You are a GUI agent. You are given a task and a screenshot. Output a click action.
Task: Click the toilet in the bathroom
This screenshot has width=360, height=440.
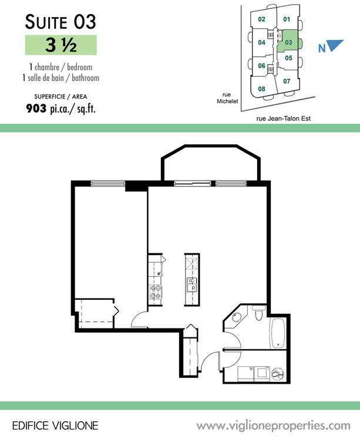pyautogui.click(x=258, y=313)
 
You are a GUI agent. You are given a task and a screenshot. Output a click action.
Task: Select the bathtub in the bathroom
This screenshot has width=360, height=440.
pyautogui.click(x=278, y=333)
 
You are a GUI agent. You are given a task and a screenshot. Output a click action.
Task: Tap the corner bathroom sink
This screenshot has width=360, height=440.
pyautogui.click(x=237, y=317)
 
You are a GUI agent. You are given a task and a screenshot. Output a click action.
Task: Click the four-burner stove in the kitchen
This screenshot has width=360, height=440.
pyautogui.click(x=155, y=292)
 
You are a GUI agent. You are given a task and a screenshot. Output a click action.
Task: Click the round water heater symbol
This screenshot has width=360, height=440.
pyautogui.click(x=278, y=374)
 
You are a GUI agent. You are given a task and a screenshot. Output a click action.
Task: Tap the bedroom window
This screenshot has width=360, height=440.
pyautogui.click(x=108, y=184)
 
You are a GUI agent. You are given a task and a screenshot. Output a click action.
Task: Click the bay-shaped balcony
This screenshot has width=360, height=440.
pyautogui.click(x=211, y=163)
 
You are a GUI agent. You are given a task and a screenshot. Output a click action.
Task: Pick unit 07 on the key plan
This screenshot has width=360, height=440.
pyautogui.click(x=287, y=82)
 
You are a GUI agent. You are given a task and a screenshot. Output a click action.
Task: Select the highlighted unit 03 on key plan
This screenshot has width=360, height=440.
pyautogui.click(x=289, y=42)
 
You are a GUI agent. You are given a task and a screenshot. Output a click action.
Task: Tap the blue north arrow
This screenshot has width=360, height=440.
pyautogui.click(x=335, y=45)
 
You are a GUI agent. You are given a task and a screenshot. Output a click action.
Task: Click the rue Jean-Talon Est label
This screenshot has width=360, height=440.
pyautogui.click(x=284, y=119)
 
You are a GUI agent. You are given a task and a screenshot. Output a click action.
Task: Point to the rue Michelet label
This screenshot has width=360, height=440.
pyautogui.click(x=227, y=98)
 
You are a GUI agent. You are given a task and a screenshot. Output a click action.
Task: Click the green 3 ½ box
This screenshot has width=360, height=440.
pyautogui.click(x=61, y=45)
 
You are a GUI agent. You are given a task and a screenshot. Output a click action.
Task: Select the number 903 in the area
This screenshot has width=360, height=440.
pyautogui.click(x=36, y=109)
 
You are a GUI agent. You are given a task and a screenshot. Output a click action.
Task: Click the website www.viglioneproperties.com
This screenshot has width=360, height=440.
pyautogui.click(x=273, y=426)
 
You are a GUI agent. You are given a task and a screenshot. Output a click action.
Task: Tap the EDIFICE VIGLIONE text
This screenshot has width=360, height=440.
pyautogui.click(x=55, y=426)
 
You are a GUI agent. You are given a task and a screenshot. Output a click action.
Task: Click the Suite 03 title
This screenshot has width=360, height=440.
pyautogui.click(x=60, y=22)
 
